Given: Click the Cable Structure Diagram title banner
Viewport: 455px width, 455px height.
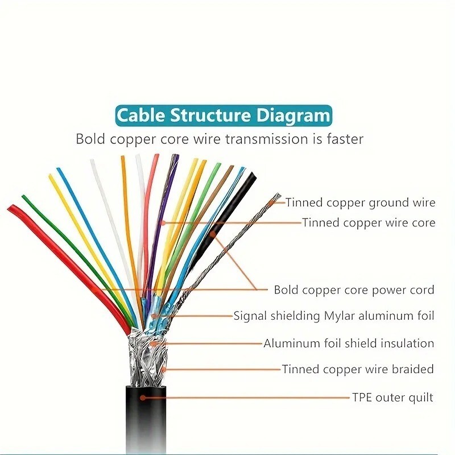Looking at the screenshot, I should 223,115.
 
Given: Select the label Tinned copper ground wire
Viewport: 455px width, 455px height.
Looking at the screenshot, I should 360,202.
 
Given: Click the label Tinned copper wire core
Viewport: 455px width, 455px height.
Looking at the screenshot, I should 369,222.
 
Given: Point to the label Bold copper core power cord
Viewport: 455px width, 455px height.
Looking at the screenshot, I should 354,290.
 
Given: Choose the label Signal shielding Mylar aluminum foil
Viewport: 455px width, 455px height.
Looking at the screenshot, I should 334,316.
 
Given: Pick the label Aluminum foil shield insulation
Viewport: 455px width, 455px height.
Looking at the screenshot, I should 349,343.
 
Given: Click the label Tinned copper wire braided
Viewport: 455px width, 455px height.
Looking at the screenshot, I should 358,369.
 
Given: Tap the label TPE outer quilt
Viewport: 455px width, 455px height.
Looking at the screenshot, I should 392,397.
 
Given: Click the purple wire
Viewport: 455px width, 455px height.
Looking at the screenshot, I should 162,222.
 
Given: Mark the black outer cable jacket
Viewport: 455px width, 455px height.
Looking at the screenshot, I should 145,421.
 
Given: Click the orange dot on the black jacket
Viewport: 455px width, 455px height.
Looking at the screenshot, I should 143,397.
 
